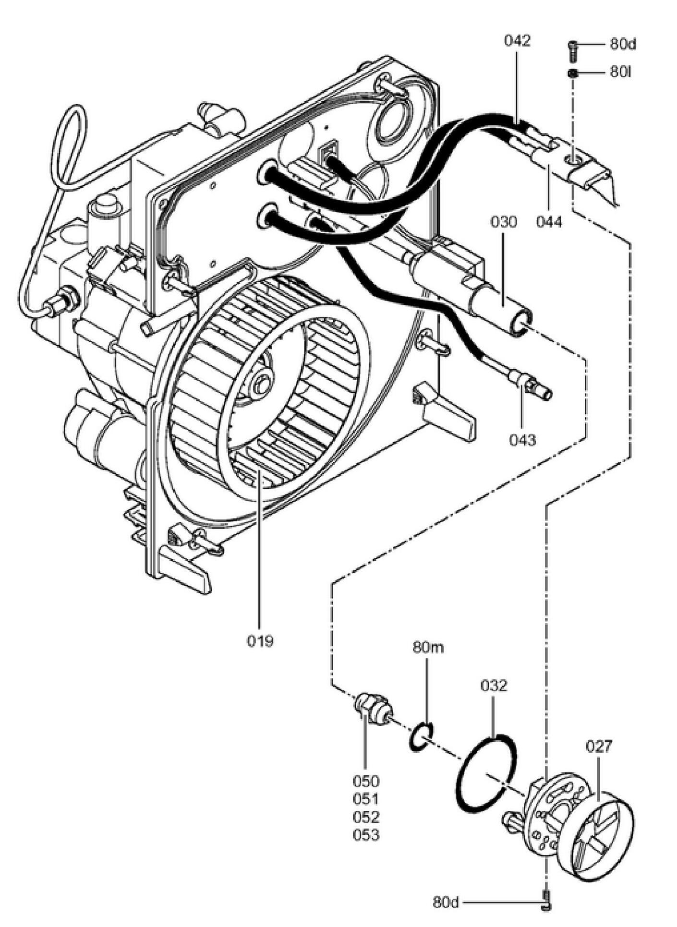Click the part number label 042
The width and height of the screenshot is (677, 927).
pyautogui.click(x=517, y=41)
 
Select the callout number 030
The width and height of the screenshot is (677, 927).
pyautogui.click(x=504, y=222)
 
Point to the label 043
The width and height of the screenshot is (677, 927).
pyautogui.click(x=522, y=440)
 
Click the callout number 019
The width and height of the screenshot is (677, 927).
pyautogui.click(x=260, y=640)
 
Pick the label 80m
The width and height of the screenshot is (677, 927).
pyautogui.click(x=428, y=648)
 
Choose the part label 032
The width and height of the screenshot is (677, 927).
pyautogui.click(x=494, y=686)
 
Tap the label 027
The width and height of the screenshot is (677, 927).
pyautogui.click(x=599, y=746)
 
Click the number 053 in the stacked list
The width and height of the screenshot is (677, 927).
pyautogui.click(x=366, y=835)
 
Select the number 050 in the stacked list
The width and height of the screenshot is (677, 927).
pyautogui.click(x=366, y=781)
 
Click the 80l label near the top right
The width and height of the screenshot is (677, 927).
pyautogui.click(x=620, y=72)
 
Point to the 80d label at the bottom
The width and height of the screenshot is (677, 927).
pyautogui.click(x=446, y=903)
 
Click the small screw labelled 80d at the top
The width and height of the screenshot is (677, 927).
pyautogui.click(x=572, y=50)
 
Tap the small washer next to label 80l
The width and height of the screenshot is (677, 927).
pyautogui.click(x=572, y=73)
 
